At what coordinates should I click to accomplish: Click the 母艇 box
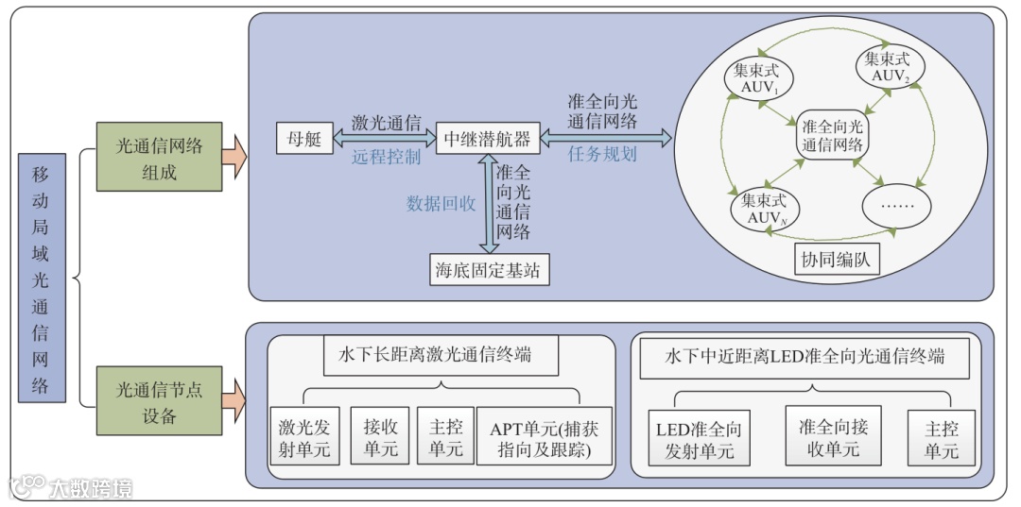(x=301, y=138)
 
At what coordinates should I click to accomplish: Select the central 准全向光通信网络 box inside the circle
(x=831, y=137)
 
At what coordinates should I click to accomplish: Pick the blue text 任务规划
(x=602, y=154)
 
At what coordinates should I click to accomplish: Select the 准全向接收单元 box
(x=832, y=435)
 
